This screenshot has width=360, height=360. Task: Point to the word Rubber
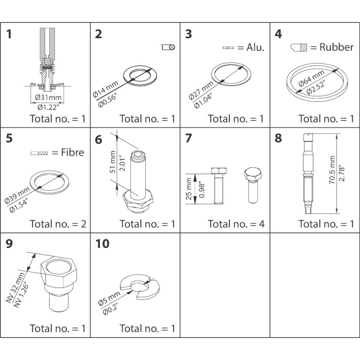tap(337, 47)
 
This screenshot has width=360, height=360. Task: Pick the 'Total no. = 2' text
tap(58, 224)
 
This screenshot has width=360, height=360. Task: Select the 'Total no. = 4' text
tap(236, 224)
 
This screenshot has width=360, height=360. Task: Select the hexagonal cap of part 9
tap(58, 269)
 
